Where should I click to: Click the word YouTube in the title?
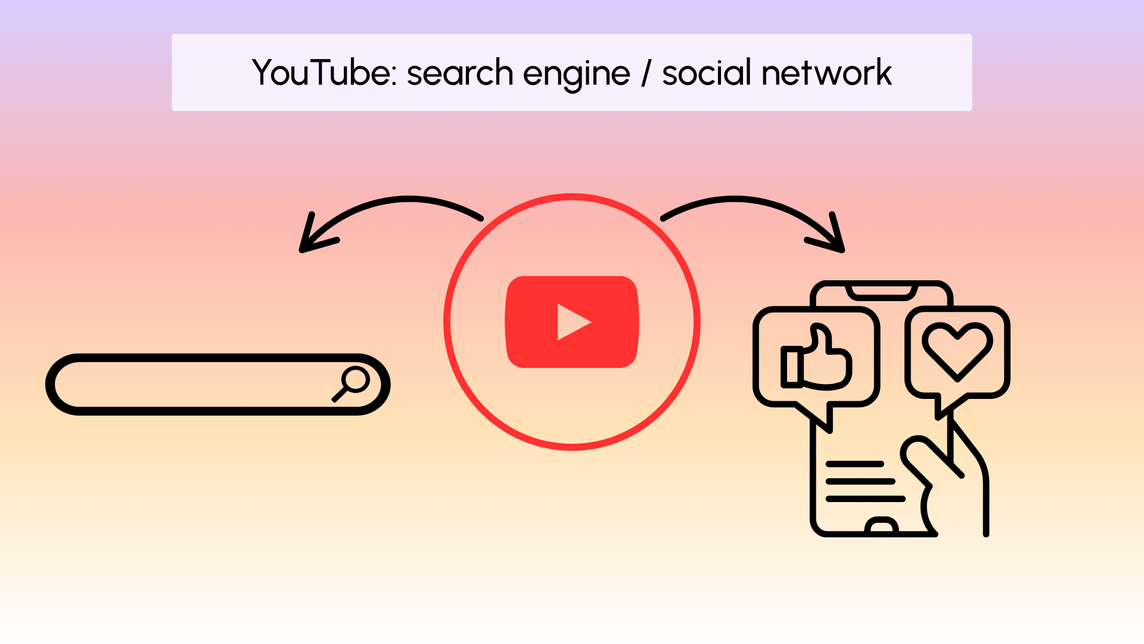coord(321,73)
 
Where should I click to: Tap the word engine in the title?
coord(576,75)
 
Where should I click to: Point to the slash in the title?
coord(646,73)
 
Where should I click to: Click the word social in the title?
coord(707,73)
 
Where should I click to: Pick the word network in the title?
coord(826,73)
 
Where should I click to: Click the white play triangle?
coord(572,322)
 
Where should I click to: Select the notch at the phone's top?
coord(882,292)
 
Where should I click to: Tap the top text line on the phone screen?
coord(854,464)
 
